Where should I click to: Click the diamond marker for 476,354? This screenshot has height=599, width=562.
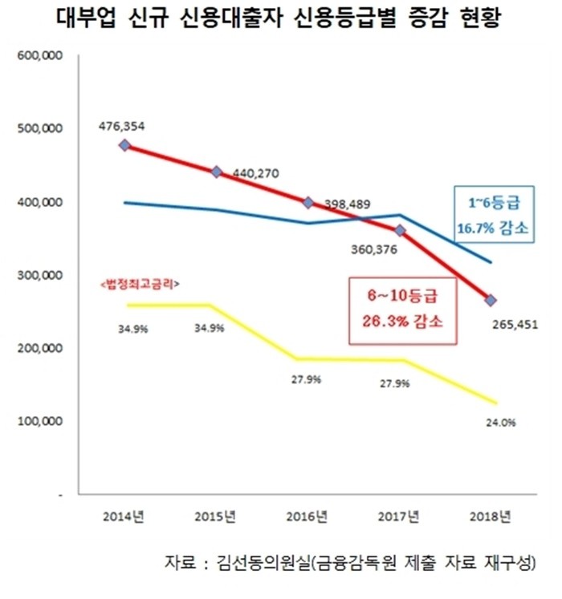[x=124, y=145]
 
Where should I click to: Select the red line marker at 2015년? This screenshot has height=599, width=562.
[x=216, y=172]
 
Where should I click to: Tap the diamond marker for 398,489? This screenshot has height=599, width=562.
[x=308, y=202]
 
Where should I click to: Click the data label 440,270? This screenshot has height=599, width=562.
[x=255, y=172]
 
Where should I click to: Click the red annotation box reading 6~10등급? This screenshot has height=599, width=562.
[x=402, y=310]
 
